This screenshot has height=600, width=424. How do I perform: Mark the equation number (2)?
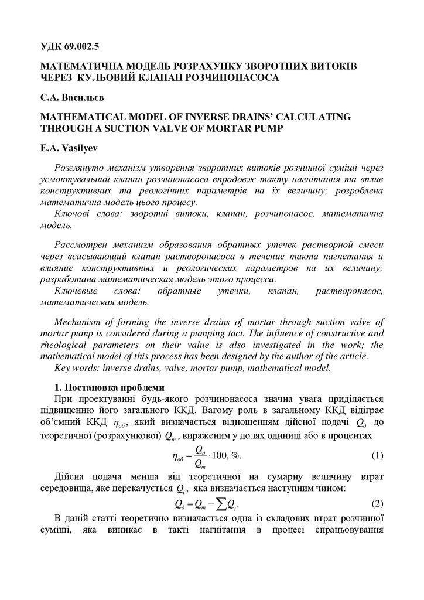point(378,503)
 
